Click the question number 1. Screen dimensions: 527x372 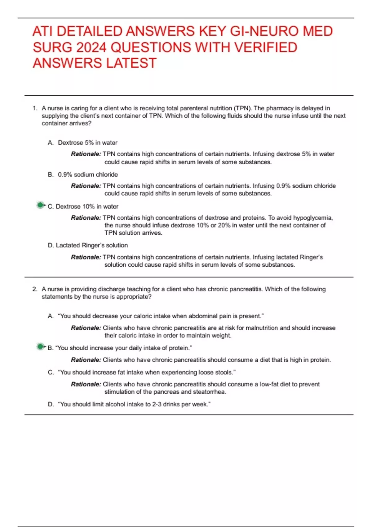pos(35,108)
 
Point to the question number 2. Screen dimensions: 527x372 pos(35,289)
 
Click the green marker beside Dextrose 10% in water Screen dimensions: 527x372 pos(40,205)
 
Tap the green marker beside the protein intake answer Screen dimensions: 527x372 pos(40,347)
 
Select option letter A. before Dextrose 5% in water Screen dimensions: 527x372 pos(51,143)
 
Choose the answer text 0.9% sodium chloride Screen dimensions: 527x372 pos(88,175)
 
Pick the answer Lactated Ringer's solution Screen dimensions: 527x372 pos(91,245)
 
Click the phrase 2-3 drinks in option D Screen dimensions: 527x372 pos(170,404)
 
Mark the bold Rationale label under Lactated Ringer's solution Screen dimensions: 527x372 pos(86,257)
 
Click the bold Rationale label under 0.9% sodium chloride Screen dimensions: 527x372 pos(86,186)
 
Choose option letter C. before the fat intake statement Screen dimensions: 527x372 pos(51,372)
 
